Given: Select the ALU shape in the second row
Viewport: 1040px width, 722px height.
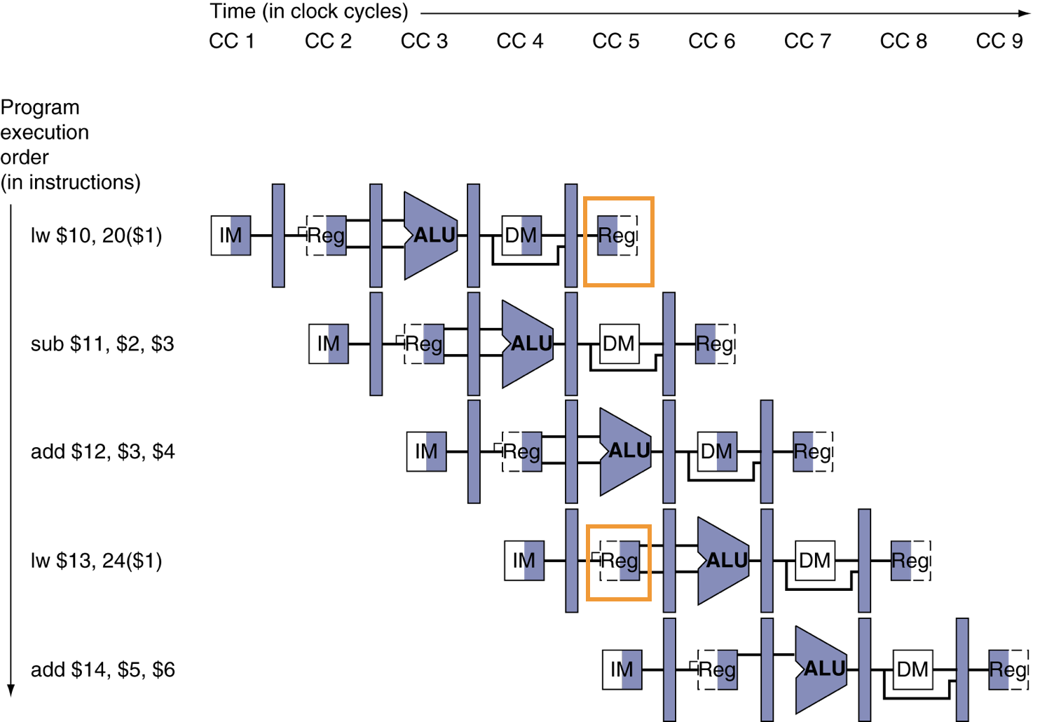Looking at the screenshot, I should pos(528,344).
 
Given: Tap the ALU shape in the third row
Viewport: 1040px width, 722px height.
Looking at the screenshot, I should pos(625,451).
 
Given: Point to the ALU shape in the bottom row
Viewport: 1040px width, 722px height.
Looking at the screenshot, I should pos(821,669).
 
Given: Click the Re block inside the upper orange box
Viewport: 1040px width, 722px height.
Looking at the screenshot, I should pos(608,236).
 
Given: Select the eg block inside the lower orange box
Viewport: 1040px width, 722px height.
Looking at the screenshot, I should pos(629,561).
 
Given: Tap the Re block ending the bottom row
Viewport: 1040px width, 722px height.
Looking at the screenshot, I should pos(999,669).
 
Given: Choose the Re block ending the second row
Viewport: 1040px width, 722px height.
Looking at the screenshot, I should pos(705,344).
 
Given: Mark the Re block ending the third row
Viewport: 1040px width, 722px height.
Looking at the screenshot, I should pos(803,451).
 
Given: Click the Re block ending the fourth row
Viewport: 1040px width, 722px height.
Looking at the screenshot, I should pos(901,561).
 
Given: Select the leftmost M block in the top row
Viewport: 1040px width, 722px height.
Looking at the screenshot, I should pos(240,236).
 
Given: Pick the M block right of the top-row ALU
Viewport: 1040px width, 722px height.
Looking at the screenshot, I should pos(531,236).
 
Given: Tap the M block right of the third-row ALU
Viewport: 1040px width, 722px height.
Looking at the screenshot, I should pos(726,451).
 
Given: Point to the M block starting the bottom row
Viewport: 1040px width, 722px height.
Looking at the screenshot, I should pos(631,669).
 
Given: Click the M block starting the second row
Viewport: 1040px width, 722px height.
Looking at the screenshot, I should pos(338,344).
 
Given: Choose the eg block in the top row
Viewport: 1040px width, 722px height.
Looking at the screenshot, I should pos(336,236).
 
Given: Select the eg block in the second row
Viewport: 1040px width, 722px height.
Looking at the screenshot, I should pos(433,344).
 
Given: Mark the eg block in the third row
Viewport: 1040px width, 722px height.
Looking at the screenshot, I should pos(531,451).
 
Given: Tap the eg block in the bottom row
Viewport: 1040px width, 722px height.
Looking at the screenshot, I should pos(727,669).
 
